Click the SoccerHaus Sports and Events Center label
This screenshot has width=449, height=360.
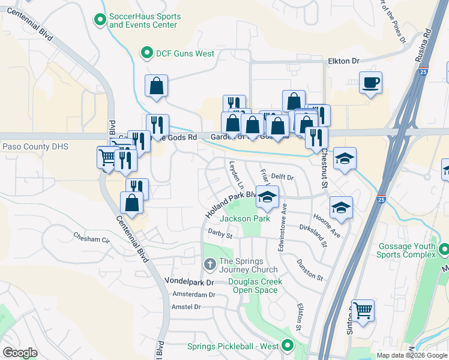tap(143, 20)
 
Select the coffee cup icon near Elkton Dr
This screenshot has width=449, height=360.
tap(370, 82)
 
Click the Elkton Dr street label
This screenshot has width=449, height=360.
tap(343, 61)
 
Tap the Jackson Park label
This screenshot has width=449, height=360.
tap(244, 218)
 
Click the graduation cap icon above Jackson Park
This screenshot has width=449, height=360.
tap(267, 196)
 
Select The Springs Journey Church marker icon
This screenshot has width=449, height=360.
tap(209, 263)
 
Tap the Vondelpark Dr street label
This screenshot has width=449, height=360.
tap(189, 281)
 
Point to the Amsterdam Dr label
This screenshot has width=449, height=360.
tap(193, 295)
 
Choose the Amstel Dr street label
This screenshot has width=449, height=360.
tap(185, 307)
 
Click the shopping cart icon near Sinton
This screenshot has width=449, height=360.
tap(363, 311)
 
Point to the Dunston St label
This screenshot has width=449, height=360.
tap(310, 269)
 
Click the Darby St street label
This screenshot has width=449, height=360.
tap(220, 233)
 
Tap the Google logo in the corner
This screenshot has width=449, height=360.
tap(20, 352)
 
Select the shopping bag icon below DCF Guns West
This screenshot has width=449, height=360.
tap(156, 86)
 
